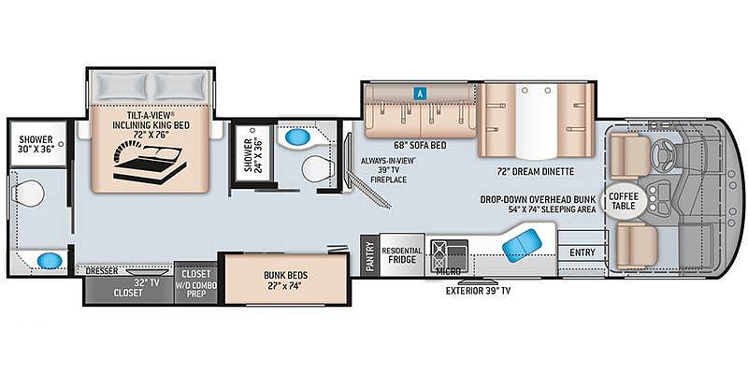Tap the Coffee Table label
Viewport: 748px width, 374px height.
[x=624, y=201]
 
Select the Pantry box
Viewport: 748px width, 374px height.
[x=369, y=255]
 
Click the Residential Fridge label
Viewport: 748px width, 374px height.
[x=402, y=255]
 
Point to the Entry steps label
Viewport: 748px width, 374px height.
[x=582, y=252]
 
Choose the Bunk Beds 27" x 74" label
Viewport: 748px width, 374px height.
[x=286, y=280]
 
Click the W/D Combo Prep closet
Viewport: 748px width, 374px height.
[x=195, y=284]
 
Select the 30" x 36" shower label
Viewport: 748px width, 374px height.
[x=36, y=144]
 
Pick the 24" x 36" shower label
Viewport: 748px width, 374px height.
[x=252, y=155]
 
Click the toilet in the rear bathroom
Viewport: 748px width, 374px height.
[x=29, y=194]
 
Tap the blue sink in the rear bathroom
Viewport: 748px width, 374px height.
[x=50, y=261]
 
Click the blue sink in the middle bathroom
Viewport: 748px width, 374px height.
[x=297, y=137]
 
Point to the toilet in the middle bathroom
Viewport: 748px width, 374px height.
[x=316, y=168]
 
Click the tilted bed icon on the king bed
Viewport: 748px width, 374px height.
[x=150, y=165]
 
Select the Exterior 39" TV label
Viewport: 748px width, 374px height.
[x=478, y=290]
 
